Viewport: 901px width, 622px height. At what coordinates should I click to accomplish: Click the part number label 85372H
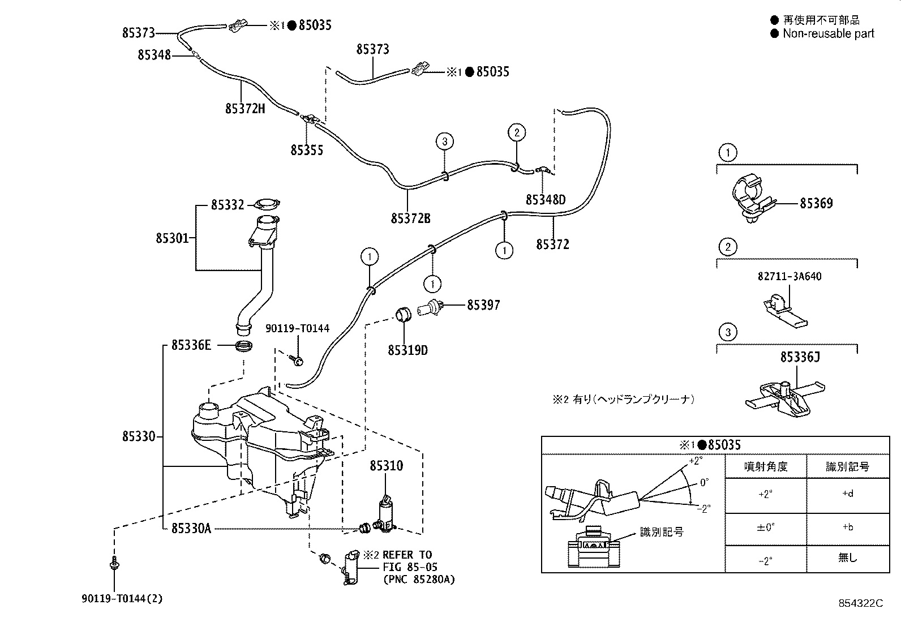tap(245, 109)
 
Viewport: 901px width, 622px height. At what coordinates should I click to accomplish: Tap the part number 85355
tap(307, 150)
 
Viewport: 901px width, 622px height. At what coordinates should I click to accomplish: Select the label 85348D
tap(546, 200)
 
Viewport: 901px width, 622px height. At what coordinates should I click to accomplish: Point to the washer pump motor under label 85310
tap(386, 514)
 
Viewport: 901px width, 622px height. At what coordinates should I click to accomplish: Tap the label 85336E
tap(191, 345)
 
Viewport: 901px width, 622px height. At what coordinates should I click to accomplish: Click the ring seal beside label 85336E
tap(244, 345)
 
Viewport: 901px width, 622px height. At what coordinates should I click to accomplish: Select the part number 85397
tap(483, 306)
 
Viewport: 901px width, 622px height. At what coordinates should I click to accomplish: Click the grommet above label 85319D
tap(403, 314)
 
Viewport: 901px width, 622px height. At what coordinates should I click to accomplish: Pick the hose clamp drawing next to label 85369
tap(752, 198)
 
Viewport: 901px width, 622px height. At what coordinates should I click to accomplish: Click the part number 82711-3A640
tap(789, 276)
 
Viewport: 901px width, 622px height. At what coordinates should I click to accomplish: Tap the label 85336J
tap(800, 357)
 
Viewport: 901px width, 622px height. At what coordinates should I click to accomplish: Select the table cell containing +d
tap(847, 494)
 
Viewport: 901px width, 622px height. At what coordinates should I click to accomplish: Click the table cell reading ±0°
tap(765, 527)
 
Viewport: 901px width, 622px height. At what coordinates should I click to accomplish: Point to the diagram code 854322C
tap(861, 603)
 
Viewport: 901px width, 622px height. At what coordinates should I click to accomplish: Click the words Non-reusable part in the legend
tap(829, 33)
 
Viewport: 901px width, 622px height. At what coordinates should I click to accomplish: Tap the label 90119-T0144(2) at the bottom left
tap(122, 599)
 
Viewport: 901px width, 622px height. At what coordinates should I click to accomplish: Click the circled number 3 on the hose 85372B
tap(444, 141)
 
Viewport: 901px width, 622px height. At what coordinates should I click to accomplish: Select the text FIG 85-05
tap(410, 567)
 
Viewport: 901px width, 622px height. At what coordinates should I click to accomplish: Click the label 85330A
tap(191, 528)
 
